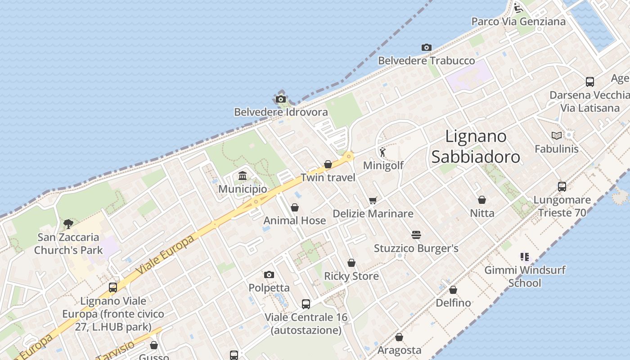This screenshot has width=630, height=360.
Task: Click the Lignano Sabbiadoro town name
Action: (x=476, y=146)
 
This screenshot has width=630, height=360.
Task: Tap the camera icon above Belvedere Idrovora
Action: (x=281, y=99)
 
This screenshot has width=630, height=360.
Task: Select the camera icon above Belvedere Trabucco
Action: (x=427, y=47)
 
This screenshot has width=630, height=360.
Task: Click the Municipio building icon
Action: (x=243, y=175)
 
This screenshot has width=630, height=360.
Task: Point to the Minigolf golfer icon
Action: (x=382, y=152)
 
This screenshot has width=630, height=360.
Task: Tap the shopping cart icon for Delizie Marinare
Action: (x=373, y=200)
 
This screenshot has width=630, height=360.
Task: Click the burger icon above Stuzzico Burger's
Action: (x=416, y=235)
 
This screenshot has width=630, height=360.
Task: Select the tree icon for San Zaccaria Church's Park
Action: (x=68, y=224)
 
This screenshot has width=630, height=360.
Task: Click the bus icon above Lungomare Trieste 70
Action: (x=562, y=187)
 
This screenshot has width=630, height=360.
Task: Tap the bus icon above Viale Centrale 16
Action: (x=306, y=304)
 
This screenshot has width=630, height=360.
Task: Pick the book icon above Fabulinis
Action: (x=557, y=135)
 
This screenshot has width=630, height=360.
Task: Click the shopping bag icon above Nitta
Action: (x=482, y=200)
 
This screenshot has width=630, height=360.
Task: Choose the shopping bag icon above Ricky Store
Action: (x=351, y=263)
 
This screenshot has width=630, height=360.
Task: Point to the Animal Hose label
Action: (x=294, y=220)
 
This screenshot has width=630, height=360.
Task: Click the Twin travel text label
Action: (x=328, y=177)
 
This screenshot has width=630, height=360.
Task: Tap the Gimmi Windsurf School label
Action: (x=525, y=276)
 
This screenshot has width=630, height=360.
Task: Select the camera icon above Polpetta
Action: (x=269, y=274)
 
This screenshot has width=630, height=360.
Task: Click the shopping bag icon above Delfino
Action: (x=453, y=290)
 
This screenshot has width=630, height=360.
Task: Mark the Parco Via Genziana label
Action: (x=518, y=22)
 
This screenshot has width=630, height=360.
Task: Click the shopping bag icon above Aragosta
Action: (x=399, y=337)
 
